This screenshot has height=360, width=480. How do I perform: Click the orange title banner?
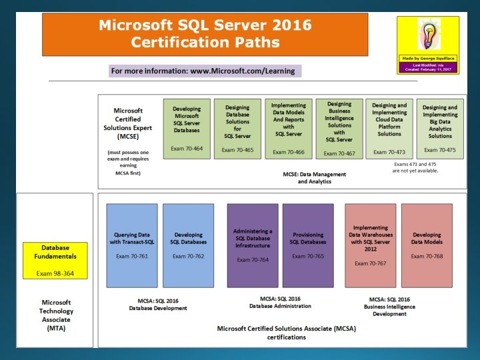coord(205,34)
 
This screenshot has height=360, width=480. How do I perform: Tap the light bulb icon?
coord(427,36)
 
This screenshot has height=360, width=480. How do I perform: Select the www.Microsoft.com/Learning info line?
coord(205,71)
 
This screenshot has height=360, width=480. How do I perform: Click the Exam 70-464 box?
coord(187,129)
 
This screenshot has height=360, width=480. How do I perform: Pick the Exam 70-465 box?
coord(237,129)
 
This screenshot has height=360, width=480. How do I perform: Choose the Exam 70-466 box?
coord(288,129)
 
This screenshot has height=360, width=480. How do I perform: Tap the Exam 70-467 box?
coord(339,129)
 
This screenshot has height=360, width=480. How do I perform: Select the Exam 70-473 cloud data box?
coord(389,129)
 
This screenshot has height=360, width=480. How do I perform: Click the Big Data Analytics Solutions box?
coord(440,129)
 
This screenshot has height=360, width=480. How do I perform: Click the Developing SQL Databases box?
coord(188,245)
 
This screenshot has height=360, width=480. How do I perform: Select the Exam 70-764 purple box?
coord(252,245)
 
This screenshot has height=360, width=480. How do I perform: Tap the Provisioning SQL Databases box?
coord(308,245)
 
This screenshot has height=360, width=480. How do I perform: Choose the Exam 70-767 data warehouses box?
coord(370,245)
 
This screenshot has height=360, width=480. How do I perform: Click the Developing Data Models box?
coord(427,245)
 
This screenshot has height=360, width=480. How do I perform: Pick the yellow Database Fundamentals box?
coord(55,260)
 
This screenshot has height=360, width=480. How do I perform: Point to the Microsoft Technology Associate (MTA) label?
coord(56,315)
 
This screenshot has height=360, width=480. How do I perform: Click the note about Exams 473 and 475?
coord(416,167)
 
